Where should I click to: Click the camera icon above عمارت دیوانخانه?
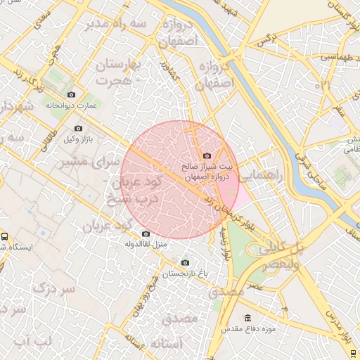[x=70, y=94]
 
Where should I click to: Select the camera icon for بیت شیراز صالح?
[x=206, y=156]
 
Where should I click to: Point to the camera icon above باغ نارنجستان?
[x=185, y=263]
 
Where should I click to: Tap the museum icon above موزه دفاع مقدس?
[x=247, y=318]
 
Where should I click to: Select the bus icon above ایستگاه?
[x=5, y=237]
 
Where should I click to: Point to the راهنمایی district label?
[x=259, y=178]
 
